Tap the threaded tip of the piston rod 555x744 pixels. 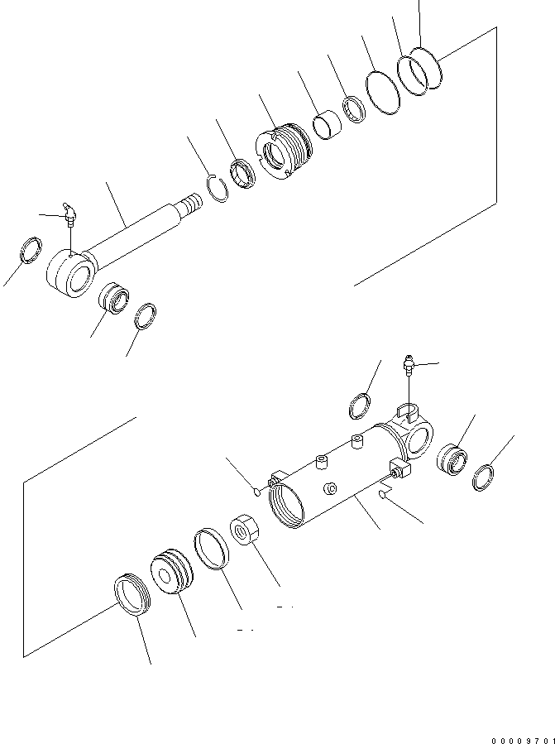[190, 202]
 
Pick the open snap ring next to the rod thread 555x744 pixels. [218, 189]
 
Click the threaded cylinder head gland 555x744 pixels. [287, 149]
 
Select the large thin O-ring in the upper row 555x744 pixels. [381, 89]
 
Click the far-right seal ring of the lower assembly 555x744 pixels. [485, 478]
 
